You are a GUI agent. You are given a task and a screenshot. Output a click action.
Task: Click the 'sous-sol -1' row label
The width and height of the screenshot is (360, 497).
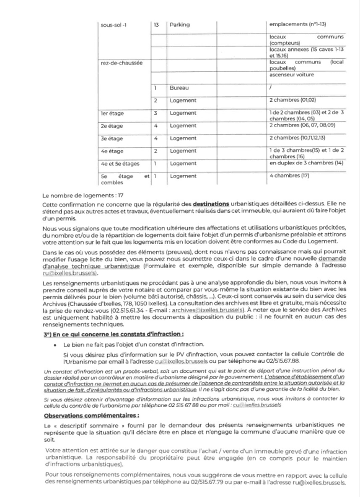click(113, 25)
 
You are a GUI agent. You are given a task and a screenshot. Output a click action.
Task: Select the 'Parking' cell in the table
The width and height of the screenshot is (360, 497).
click(180, 25)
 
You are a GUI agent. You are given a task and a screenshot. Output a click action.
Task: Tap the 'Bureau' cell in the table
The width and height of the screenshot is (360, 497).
click(179, 88)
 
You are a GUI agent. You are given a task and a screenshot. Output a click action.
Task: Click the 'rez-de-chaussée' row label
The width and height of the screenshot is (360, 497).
click(121, 63)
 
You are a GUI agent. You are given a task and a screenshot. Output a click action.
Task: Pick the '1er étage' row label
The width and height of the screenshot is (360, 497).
click(112, 114)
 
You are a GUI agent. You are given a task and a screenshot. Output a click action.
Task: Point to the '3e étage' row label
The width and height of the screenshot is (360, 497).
click(112, 139)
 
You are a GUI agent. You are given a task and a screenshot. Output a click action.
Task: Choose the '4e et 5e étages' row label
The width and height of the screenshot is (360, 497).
click(120, 164)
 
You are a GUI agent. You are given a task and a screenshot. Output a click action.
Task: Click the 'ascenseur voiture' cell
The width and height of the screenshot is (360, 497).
click(292, 75)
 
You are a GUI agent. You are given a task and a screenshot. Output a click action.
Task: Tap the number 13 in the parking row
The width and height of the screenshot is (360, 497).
click(156, 25)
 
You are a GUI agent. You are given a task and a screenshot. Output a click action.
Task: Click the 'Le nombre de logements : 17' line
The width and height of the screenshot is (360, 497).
click(83, 196)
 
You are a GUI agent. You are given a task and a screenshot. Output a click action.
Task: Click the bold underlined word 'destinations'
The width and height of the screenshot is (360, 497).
click(211, 204)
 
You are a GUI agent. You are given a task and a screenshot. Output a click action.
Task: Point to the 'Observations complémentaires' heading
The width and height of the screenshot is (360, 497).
click(92, 416)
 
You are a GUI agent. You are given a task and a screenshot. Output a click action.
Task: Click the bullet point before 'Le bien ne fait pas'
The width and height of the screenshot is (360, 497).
click(55, 345)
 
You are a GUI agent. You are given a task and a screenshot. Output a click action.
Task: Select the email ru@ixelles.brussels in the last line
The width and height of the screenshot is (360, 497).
click(319, 483)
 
